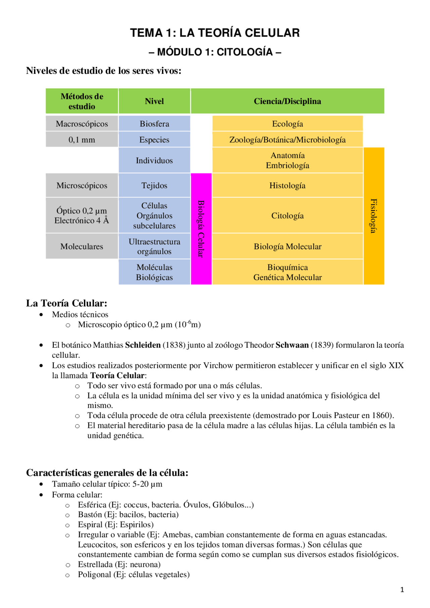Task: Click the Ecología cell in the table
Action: [x=287, y=124]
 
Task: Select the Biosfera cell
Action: [x=154, y=124]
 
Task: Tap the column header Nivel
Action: [x=154, y=101]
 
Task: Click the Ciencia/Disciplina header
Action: [x=287, y=101]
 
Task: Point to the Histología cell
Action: [x=287, y=186]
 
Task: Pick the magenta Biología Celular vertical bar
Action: [x=201, y=229]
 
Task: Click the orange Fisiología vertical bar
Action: [x=374, y=216]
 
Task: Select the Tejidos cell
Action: [x=154, y=186]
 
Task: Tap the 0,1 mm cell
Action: [x=82, y=140]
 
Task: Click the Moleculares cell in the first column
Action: [x=82, y=246]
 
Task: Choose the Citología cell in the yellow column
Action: [x=287, y=216]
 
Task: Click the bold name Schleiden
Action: [x=143, y=345]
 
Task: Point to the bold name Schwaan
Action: [x=292, y=345]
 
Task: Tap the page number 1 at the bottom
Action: [x=402, y=590]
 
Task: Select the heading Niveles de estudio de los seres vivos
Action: [x=103, y=71]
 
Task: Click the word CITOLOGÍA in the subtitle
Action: [x=245, y=52]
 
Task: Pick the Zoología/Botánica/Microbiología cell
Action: [x=287, y=140]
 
